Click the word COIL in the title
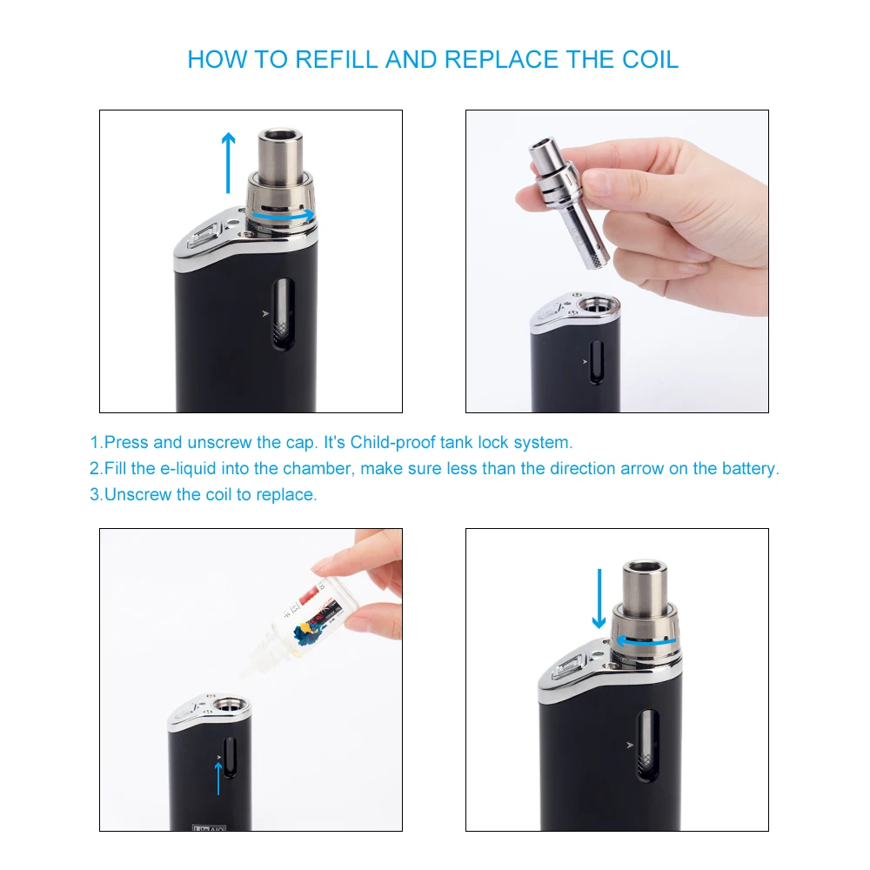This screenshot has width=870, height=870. coord(650,60)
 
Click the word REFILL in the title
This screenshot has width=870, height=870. coord(336,60)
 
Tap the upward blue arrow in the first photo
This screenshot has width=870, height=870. coord(228,163)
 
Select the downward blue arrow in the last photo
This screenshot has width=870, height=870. coord(599,599)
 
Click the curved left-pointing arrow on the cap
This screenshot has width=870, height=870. coord(647,641)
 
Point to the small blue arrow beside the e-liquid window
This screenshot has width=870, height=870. coord(218,779)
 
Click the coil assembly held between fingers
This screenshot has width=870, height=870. coord(568,203)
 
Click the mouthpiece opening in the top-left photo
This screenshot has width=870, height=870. coord(280,135)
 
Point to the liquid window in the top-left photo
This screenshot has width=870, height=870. coord(283,314)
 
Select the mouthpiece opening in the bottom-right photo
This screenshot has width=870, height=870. coord(644,567)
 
